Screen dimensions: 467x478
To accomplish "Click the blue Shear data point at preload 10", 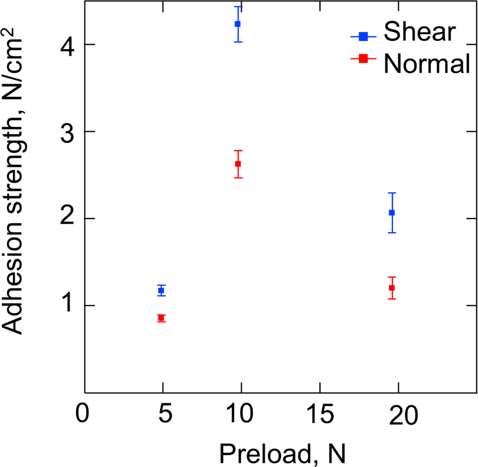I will (x=238, y=24).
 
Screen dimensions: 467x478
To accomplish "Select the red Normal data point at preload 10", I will (x=238, y=164).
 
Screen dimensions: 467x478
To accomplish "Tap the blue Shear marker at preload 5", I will (x=161, y=290).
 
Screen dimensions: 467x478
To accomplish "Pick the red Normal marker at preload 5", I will (x=161, y=318).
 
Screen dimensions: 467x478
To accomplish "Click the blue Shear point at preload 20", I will (x=391, y=212).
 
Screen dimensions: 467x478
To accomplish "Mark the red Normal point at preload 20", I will (x=391, y=288).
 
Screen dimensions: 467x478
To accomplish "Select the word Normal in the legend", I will (x=426, y=64).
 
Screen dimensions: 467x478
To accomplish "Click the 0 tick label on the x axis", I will (x=83, y=415).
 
